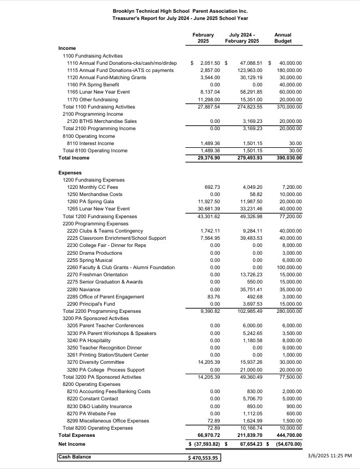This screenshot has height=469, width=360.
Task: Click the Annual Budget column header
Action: pos(282,38)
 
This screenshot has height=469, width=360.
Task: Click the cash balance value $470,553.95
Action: pos(204,458)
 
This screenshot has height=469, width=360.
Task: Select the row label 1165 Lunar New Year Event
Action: pos(98,92)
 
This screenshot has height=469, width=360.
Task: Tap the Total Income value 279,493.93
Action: pos(245,158)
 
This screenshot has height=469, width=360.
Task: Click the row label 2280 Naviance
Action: pos(84,290)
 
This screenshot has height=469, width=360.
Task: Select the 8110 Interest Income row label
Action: pos(90,143)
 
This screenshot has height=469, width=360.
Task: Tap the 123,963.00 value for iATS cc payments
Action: pos(246,70)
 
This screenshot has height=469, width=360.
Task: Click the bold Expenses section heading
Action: pos(70,173)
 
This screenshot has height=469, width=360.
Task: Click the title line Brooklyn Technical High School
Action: pos(180,11)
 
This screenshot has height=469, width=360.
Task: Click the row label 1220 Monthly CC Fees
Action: pos(92,187)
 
